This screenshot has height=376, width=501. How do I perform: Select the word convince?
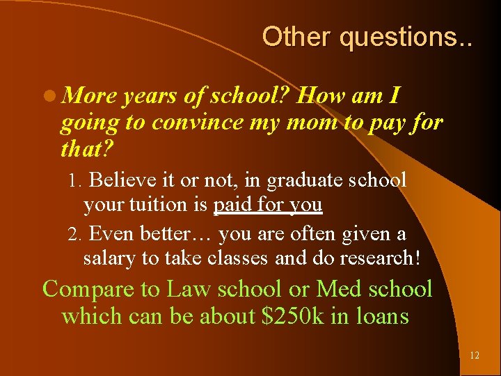(194, 123)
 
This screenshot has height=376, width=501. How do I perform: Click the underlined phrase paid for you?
(268, 205)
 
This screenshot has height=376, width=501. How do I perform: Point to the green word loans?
(381, 317)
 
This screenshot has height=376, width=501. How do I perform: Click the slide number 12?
(475, 355)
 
